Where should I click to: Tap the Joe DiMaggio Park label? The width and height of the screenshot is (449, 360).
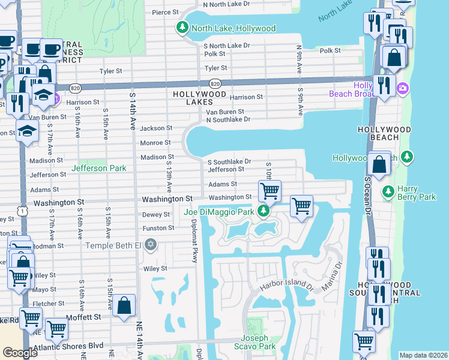pos(219,211)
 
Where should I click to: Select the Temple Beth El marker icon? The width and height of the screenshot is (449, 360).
pos(151,245)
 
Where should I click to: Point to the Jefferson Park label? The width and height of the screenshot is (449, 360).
pos(99,169)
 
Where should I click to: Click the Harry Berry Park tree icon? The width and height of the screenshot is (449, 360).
pos(388,191)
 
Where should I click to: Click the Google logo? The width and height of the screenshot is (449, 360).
pos(20,353)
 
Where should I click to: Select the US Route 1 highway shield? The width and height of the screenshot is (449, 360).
pos(22,211)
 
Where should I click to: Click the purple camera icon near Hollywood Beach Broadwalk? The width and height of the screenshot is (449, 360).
pos(402,89)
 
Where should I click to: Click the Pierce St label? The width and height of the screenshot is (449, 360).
pos(166,12)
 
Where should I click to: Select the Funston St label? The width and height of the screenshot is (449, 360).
pos(158,228)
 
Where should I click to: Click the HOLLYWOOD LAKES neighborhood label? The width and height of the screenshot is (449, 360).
pos(199,94)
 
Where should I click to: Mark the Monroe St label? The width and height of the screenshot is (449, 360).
pos(155,143)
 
